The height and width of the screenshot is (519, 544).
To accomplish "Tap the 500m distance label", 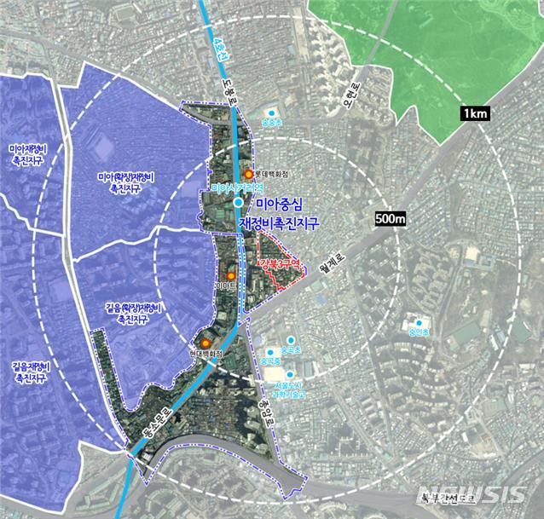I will (390, 219).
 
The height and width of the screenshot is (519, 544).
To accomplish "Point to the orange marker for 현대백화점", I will (205, 343).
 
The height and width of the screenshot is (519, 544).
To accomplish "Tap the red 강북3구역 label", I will (281, 264).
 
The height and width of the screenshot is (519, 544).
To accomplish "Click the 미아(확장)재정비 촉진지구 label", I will (124, 182).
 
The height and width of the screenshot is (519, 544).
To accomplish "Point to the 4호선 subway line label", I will (216, 43).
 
